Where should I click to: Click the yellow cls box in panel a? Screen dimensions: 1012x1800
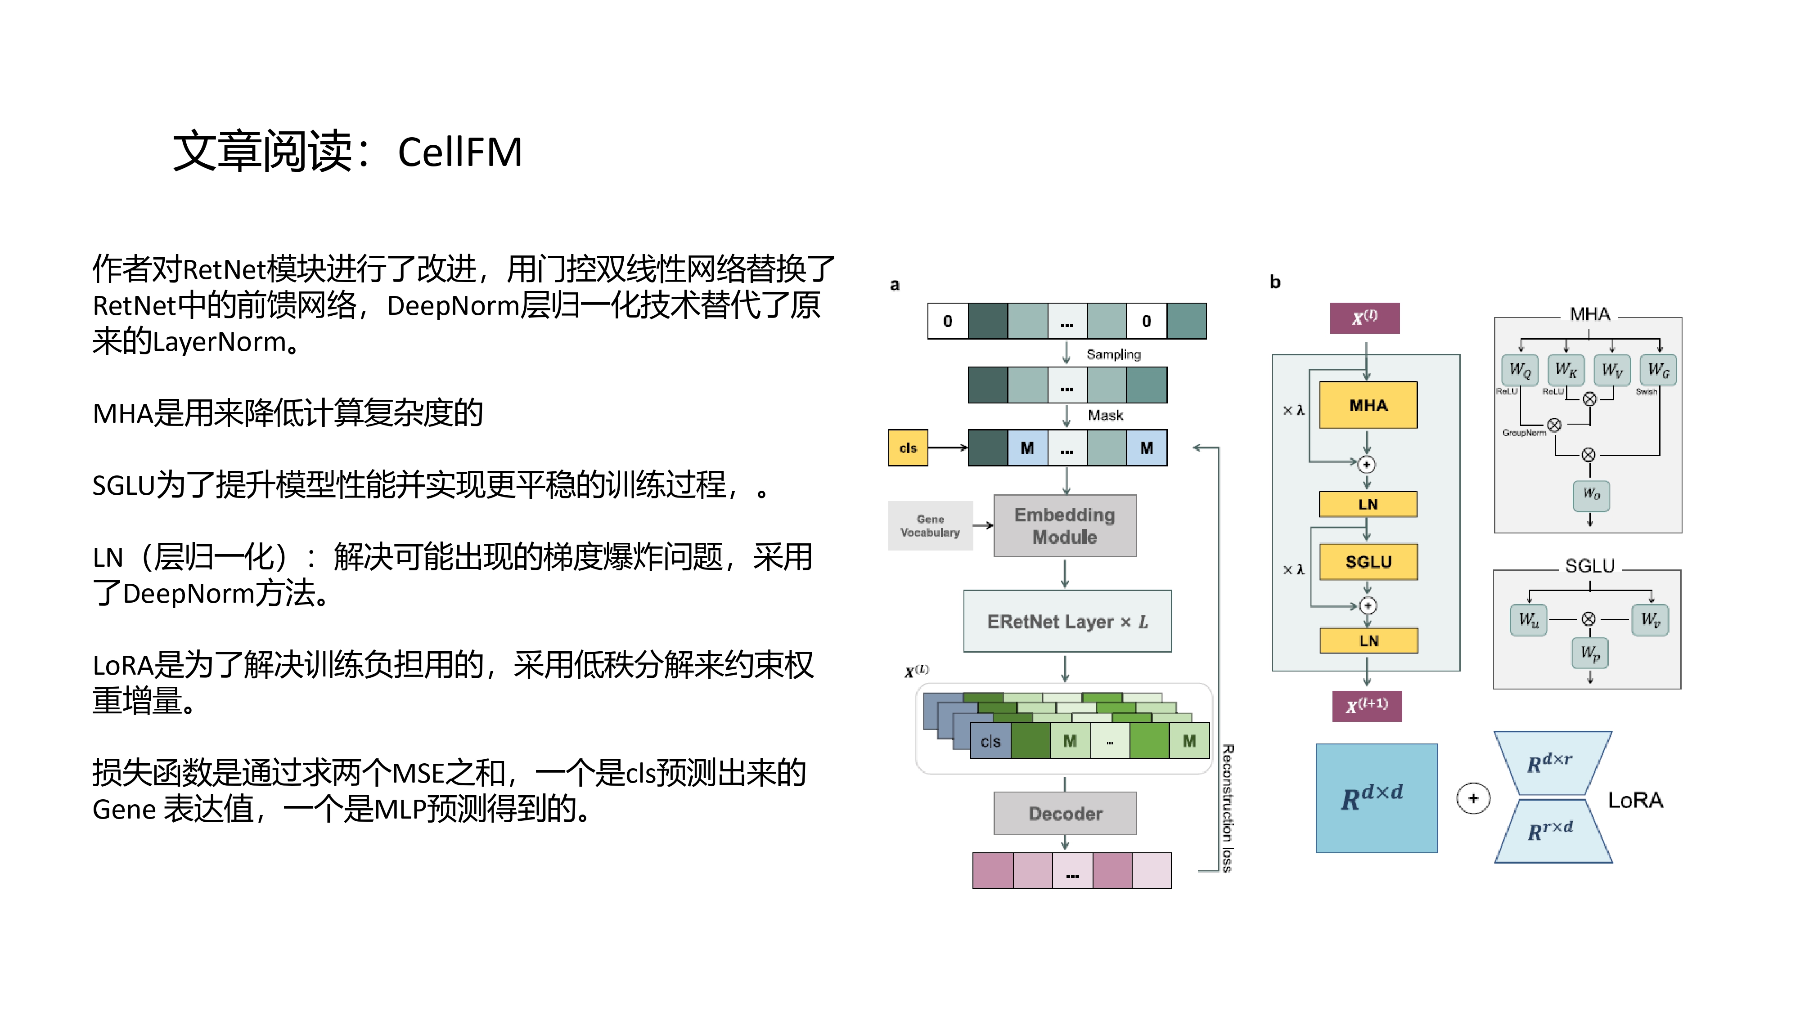point(908,448)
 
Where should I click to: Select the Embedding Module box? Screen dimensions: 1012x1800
point(1065,526)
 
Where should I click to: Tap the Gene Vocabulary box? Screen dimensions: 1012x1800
point(930,526)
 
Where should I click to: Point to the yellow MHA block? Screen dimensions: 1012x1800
point(1368,405)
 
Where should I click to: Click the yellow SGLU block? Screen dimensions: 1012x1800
point(1368,561)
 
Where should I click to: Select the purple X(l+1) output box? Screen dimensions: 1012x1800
point(1367,705)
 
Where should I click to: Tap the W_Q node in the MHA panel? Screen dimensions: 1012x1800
point(1520,369)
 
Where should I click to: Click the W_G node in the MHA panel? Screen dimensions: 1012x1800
point(1658,369)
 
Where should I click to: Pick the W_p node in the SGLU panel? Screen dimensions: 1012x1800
point(1590,653)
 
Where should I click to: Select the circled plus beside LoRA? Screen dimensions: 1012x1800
point(1473,798)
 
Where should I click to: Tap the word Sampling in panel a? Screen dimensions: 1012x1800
point(1113,354)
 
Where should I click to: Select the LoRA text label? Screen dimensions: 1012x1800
point(1635,801)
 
